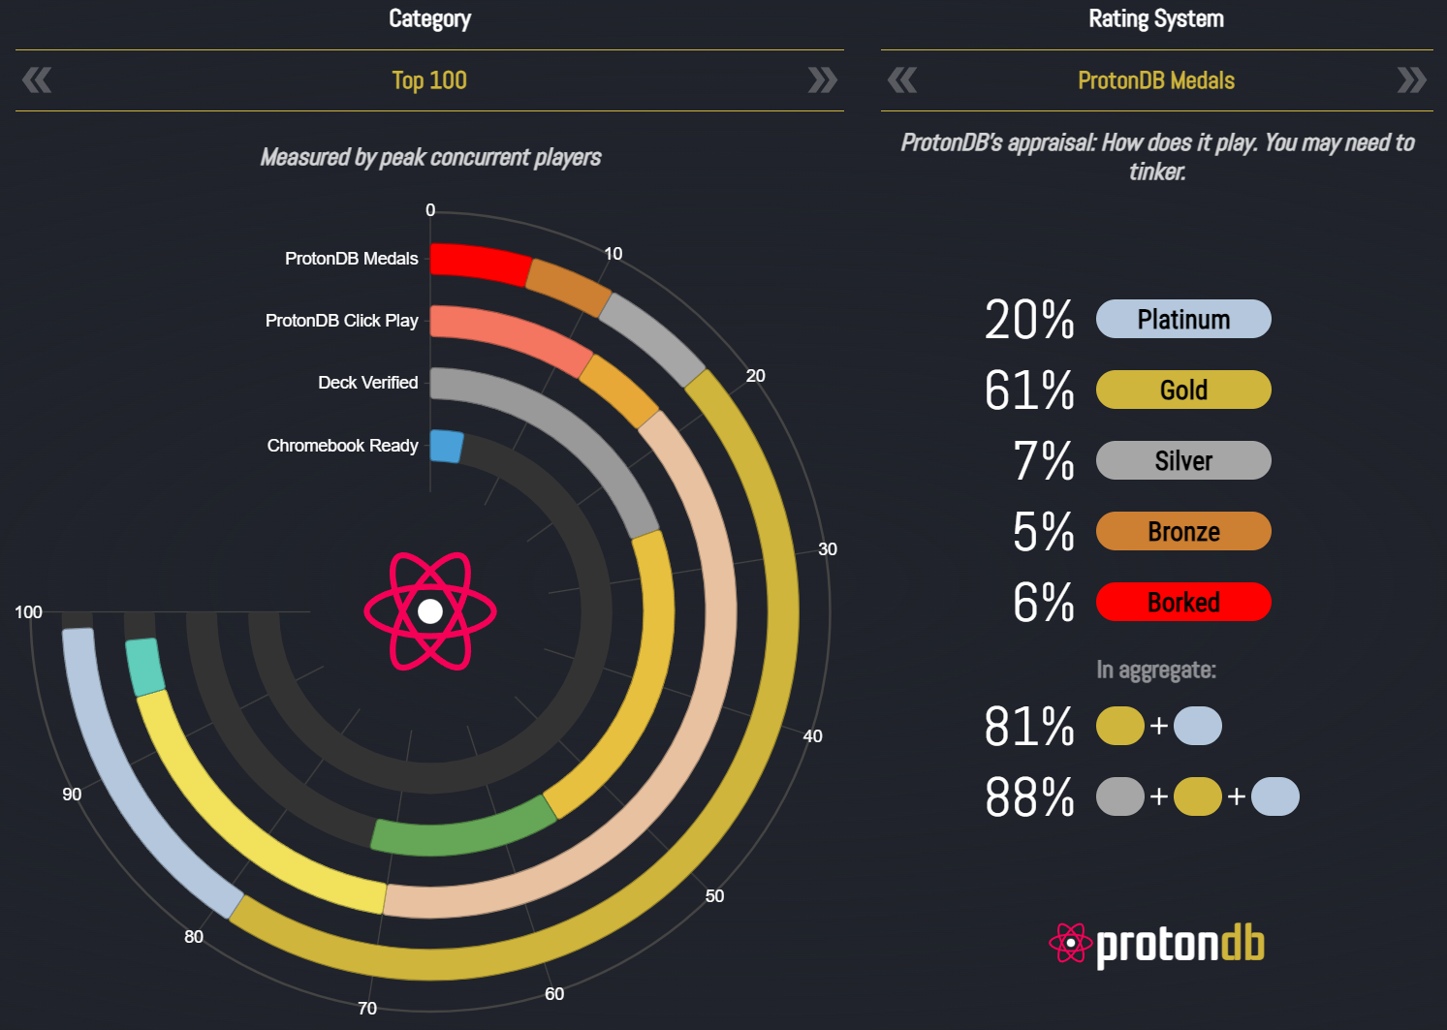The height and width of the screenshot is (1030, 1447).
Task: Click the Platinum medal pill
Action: click(1182, 319)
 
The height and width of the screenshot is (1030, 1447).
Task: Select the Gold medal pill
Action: click(1182, 390)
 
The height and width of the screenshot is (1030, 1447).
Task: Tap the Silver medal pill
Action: click(1182, 460)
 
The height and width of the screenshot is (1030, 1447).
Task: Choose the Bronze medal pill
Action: click(1182, 531)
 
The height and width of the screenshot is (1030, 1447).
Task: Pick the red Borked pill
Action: click(1182, 602)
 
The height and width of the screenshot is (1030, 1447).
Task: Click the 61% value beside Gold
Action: click(1029, 390)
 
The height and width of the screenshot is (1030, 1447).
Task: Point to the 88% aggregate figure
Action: click(1029, 797)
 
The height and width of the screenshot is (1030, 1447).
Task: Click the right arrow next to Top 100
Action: click(822, 79)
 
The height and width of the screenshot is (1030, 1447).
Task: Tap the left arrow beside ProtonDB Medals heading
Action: click(902, 79)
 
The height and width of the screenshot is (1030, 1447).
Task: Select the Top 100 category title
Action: click(429, 80)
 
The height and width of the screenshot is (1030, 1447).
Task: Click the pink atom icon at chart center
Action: click(430, 610)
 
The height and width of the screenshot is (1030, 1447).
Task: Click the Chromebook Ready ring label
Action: click(342, 446)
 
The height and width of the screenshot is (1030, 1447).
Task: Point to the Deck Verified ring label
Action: click(367, 383)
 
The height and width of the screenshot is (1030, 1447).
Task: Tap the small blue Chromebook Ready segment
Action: click(446, 446)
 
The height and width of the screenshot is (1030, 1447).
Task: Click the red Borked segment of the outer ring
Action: click(480, 263)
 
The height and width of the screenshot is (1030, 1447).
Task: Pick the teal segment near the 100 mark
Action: click(145, 667)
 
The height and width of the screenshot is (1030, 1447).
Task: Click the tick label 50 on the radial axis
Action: click(714, 896)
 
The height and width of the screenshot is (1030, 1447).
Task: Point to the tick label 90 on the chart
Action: click(72, 795)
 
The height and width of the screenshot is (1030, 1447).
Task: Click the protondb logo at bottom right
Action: click(1157, 945)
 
